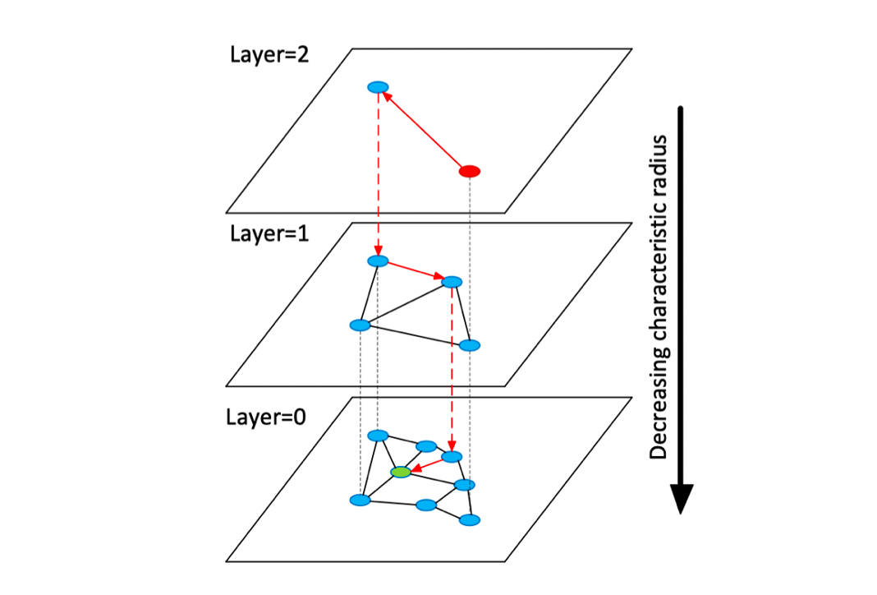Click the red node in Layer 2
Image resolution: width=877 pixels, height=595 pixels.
tap(469, 171)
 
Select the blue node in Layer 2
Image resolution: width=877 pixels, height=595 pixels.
tap(378, 87)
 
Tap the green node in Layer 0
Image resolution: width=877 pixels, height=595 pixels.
tap(401, 473)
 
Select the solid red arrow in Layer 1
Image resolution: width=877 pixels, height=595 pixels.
tap(415, 271)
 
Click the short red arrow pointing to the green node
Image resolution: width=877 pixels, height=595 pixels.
tap(425, 464)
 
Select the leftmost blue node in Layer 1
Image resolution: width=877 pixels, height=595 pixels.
tap(360, 325)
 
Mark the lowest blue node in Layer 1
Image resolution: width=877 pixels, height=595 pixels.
tap(469, 344)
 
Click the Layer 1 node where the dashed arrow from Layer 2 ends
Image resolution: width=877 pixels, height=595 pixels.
tap(378, 261)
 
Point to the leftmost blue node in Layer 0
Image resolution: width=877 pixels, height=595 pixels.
tap(359, 500)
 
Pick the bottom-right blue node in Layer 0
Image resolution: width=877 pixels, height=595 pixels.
tap(469, 520)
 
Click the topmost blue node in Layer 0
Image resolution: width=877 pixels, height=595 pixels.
tap(378, 435)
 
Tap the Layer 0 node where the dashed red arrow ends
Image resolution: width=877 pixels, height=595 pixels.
tap(452, 456)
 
